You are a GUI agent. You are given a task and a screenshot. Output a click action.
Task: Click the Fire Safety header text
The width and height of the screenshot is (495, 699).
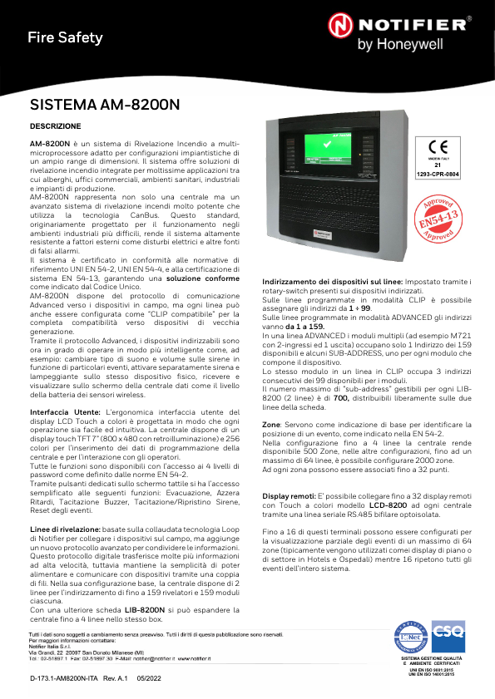[65, 37]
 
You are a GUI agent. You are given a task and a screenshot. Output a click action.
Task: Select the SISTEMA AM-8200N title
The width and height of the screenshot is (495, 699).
[104, 106]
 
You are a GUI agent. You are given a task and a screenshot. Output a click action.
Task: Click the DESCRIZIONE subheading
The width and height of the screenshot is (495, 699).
[55, 127]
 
